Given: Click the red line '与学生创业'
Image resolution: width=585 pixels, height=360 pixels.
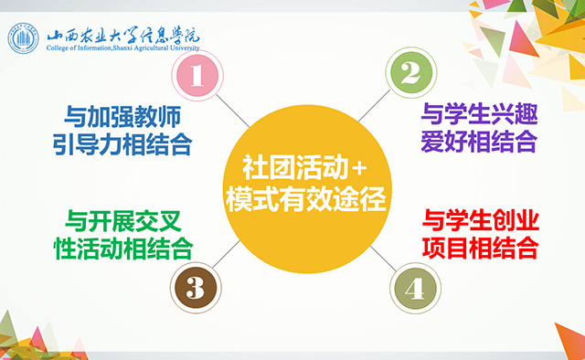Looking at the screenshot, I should click(x=478, y=219).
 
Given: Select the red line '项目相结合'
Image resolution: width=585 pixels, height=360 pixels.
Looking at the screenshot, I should click(x=478, y=247).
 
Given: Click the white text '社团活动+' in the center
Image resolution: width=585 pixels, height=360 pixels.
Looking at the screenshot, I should click(x=304, y=168).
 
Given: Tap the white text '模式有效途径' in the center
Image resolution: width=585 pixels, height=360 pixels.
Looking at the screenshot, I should click(x=304, y=198).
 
